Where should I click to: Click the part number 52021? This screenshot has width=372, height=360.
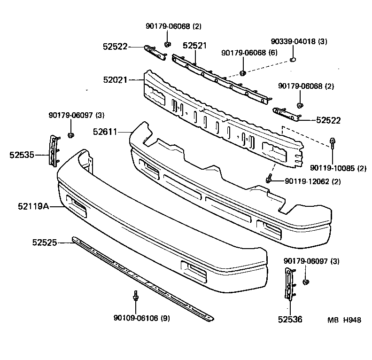click(116, 80)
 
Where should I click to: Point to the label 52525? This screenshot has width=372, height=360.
click(45, 243)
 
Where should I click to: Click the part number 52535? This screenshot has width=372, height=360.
click(22, 154)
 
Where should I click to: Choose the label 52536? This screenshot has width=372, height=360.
click(290, 320)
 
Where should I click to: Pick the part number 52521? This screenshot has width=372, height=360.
click(194, 46)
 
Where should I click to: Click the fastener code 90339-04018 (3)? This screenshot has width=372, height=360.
click(299, 41)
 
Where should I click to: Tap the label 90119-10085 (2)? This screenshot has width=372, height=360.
click(338, 168)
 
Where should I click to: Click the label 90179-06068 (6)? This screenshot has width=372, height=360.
click(249, 52)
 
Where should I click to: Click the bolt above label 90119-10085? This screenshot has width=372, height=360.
click(333, 143)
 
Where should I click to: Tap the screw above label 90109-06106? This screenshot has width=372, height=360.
click(135, 297)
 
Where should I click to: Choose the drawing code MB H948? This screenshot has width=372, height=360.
click(344, 320)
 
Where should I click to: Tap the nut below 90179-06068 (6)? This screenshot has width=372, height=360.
click(243, 73)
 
